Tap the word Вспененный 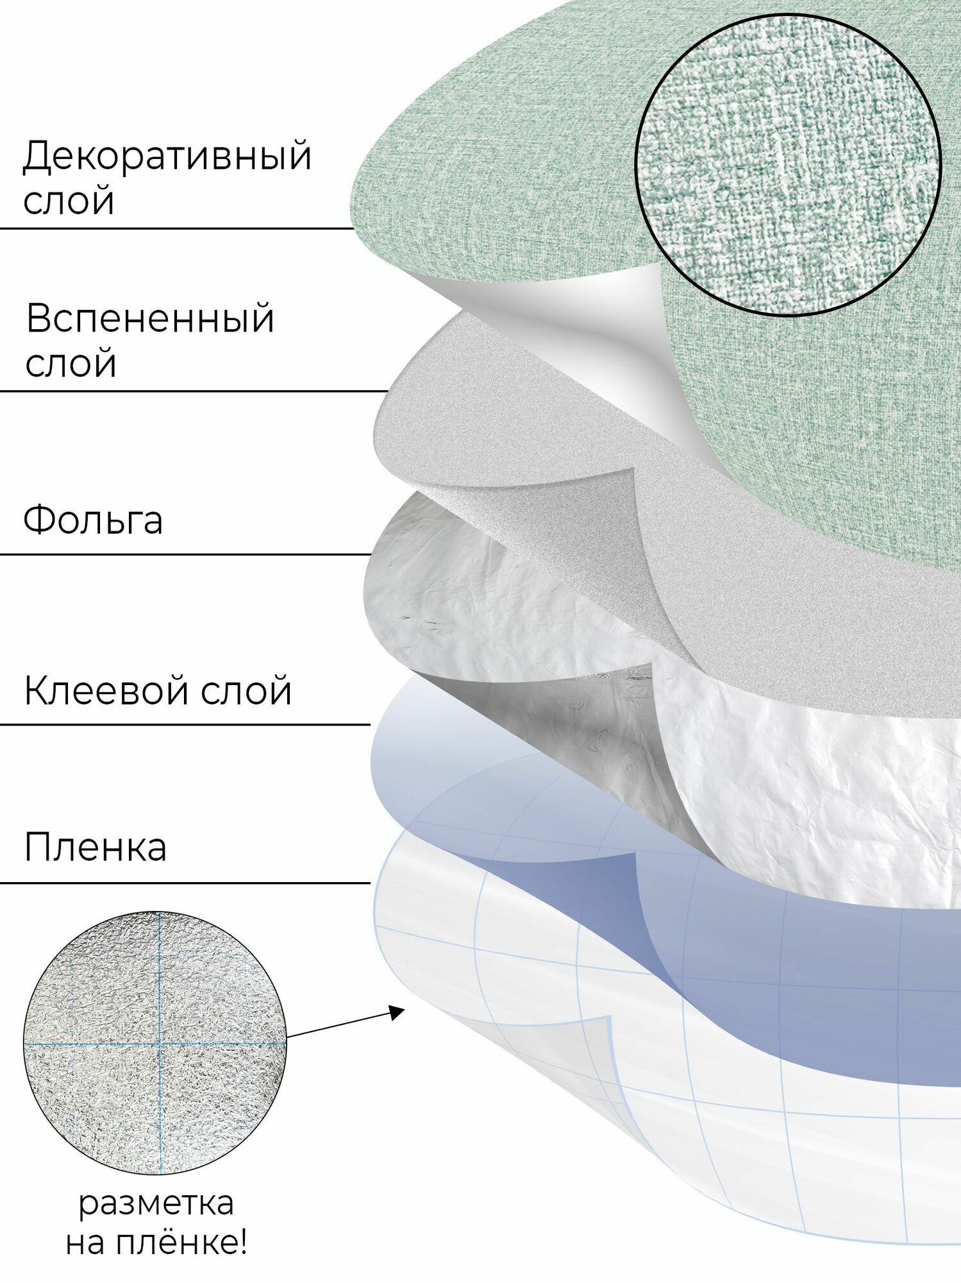[150, 319]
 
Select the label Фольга [93, 520]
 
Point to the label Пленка [96, 847]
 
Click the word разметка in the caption [156, 1205]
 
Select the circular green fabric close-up [787, 164]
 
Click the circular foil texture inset [155, 1044]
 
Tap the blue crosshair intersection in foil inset [160, 1044]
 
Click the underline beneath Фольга [186, 554]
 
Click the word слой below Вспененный [71, 363]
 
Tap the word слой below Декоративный [69, 201]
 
